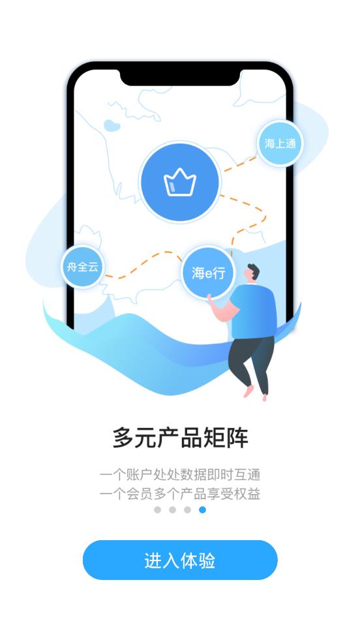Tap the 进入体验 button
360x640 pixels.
pos(180,560)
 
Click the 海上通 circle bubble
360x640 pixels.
pos(280,144)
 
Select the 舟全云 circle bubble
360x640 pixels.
pos(82,266)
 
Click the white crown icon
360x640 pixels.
pos(180,183)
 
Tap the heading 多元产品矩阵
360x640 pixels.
pos(180,438)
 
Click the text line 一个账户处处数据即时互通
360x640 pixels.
pos(180,474)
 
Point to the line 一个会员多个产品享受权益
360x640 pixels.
pos(180,494)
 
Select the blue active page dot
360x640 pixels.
pos(202,510)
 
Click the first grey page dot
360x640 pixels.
pos(157,510)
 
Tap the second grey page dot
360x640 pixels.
pos(172,510)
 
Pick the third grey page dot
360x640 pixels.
pos(187,510)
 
